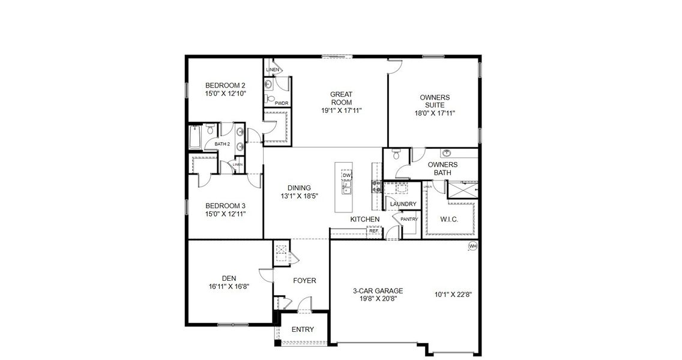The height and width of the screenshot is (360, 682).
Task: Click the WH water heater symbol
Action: (x=472, y=245)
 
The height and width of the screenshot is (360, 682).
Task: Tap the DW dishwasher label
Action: (x=346, y=175)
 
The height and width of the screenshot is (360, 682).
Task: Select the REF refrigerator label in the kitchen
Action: (x=373, y=230)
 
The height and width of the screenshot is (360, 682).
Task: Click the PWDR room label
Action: (x=282, y=103)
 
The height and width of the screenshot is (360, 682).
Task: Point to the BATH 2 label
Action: (x=223, y=144)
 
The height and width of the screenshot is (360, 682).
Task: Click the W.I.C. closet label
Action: (x=449, y=220)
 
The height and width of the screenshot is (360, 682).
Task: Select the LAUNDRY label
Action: (x=403, y=204)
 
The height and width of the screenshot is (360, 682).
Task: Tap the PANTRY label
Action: (x=409, y=220)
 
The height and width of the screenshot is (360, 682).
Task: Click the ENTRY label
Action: (x=303, y=329)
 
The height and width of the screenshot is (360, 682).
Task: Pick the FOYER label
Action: (x=304, y=280)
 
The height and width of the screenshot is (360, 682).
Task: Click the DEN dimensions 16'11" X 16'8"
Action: (x=228, y=286)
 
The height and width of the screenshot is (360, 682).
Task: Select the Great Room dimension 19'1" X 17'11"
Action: (x=341, y=110)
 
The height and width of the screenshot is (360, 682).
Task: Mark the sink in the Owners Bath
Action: (x=447, y=153)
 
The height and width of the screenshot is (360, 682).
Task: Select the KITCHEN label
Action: (x=365, y=220)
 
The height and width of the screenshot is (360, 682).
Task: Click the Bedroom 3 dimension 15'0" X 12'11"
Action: (x=225, y=214)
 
